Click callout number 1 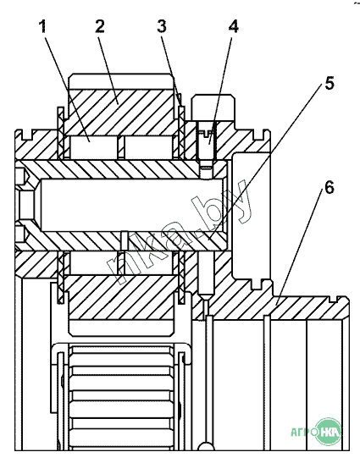tap(43, 26)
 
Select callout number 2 tap(100, 26)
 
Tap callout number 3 tap(162, 26)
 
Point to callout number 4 tap(234, 26)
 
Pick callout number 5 tap(330, 83)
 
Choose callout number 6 tap(330, 188)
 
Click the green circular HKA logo tap(328, 432)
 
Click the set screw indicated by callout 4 tap(207, 141)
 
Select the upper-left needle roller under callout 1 tap(92, 146)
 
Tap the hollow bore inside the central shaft tap(132, 205)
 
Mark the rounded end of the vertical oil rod tap(207, 446)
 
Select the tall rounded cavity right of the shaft tap(252, 216)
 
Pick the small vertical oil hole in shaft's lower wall tap(125, 240)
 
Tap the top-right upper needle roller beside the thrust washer tap(149, 146)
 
